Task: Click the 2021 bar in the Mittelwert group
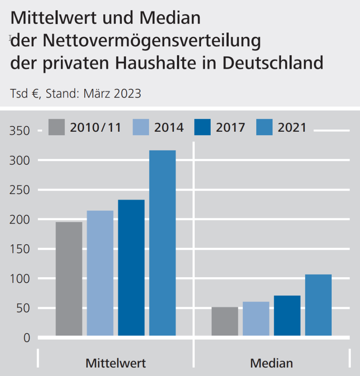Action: (x=162, y=243)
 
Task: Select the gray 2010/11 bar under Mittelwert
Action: (x=69, y=279)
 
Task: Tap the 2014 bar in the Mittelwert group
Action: (x=100, y=273)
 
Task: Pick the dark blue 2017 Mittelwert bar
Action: (x=131, y=268)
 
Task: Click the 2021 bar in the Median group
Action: (x=318, y=305)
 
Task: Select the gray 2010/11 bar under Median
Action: (x=225, y=321)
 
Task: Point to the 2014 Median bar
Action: (x=256, y=319)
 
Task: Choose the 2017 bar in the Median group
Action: (x=287, y=316)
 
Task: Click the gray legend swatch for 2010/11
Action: (x=57, y=127)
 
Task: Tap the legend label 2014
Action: (x=169, y=127)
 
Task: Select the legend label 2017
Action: (x=231, y=127)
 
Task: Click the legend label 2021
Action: (x=292, y=127)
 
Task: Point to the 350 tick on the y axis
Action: (x=19, y=131)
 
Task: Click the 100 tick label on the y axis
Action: (x=19, y=278)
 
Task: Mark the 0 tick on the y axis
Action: (x=26, y=338)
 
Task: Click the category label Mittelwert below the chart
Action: (x=116, y=363)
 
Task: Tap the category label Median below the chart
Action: (x=272, y=363)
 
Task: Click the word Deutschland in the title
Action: (x=273, y=62)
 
